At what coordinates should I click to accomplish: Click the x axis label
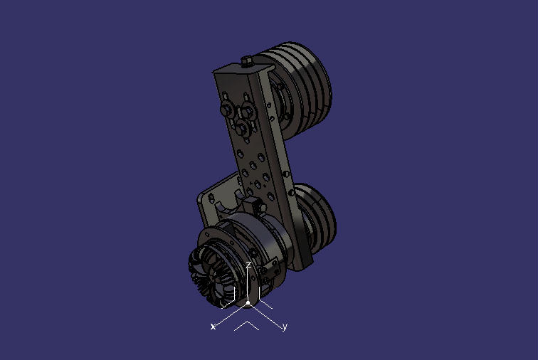point(213,327)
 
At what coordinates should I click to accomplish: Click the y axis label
point(285,327)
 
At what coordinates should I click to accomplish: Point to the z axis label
point(248,265)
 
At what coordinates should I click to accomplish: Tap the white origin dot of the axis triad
point(248,303)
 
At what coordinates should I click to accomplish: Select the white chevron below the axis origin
point(246,326)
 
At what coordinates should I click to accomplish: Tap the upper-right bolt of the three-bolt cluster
point(248,110)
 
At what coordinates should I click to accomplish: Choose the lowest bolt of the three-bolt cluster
point(241,127)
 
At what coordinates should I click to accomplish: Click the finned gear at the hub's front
point(210,274)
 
